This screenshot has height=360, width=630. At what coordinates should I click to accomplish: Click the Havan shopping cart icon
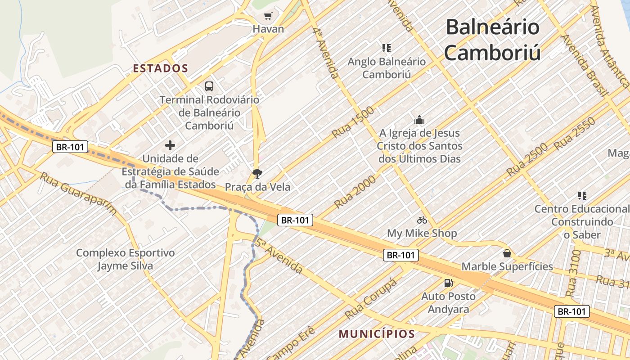[x=268, y=16]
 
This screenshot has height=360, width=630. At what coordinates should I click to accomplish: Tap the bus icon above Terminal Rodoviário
[x=209, y=86]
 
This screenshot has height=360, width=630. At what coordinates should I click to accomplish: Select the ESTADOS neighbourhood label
[x=161, y=68]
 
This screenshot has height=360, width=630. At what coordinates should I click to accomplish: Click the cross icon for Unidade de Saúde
[x=170, y=145]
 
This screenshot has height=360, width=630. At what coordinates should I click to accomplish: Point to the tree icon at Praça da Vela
[x=257, y=174]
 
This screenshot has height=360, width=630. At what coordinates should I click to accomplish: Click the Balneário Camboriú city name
[x=493, y=40]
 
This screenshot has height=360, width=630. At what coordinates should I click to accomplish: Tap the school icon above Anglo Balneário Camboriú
[x=387, y=48]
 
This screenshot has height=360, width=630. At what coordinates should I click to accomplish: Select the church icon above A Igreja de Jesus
[x=419, y=120]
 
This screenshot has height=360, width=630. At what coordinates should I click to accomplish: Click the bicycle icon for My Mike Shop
[x=422, y=220]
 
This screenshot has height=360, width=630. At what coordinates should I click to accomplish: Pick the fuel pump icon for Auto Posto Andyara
[x=449, y=283]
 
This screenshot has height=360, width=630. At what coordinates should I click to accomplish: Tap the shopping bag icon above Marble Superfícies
[x=507, y=253]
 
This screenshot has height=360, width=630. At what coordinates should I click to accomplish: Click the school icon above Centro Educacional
[x=582, y=196]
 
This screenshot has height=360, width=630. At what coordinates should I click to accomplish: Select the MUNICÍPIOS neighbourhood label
[x=377, y=334]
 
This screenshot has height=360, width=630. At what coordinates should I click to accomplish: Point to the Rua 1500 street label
[x=353, y=122]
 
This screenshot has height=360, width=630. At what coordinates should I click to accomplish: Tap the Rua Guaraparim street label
[x=78, y=193]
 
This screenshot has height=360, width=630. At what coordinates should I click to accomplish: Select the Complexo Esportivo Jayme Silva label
[x=125, y=259]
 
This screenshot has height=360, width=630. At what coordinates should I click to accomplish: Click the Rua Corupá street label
[x=371, y=299]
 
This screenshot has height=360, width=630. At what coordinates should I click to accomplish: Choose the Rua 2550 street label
[x=575, y=133]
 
